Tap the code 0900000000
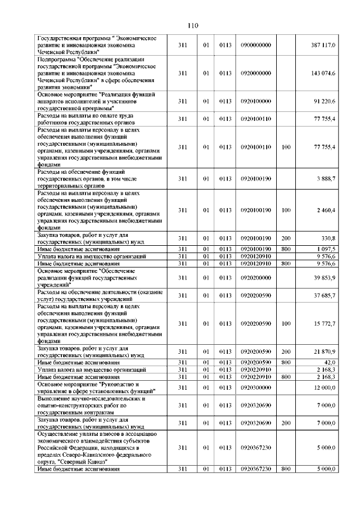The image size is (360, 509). (255, 44)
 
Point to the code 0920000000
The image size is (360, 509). (255, 73)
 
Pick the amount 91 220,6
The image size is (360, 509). (325, 101)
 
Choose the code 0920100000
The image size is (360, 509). (255, 101)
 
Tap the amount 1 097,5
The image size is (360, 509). (326, 249)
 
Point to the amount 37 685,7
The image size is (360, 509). (325, 295)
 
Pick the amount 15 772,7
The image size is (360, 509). (325, 323)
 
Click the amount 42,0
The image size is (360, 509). (330, 362)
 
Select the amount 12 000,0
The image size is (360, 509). (325, 388)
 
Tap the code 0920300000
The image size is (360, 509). (255, 388)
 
